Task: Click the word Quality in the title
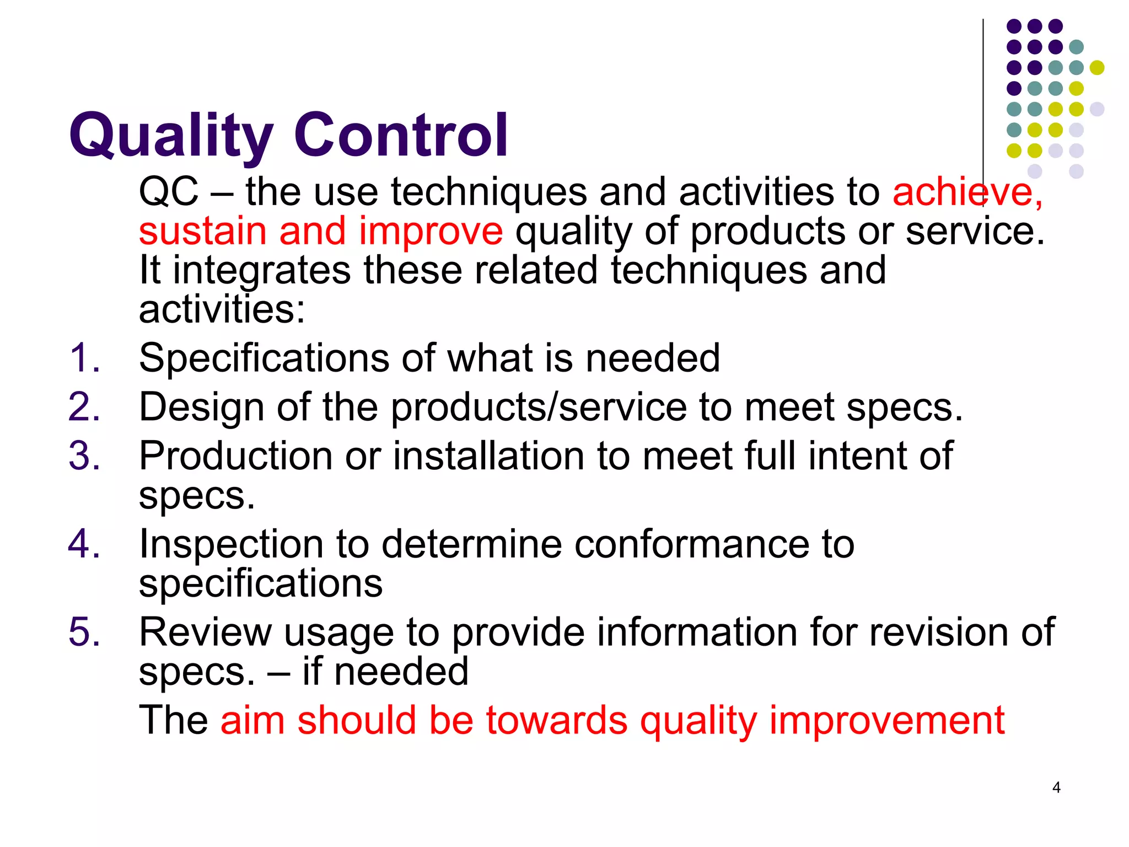pos(171,135)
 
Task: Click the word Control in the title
pos(401,135)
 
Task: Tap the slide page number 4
pos(1056,787)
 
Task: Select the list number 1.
pos(84,358)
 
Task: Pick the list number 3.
pos(84,457)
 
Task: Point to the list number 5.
pos(84,632)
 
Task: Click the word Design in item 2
pos(201,408)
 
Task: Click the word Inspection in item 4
pos(231,544)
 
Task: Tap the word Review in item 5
pos(205,632)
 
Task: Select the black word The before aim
pos(173,720)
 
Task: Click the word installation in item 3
pos(488,457)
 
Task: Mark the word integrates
pos(262,270)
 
